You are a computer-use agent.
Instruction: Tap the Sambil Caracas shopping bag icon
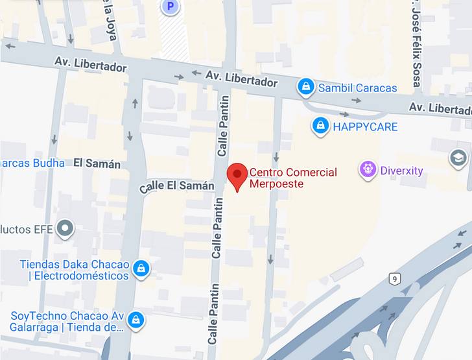point(306,86)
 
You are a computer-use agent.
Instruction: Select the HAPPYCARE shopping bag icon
point(320,126)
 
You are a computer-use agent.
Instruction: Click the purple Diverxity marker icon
point(368,171)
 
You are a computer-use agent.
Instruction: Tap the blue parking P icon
point(171,6)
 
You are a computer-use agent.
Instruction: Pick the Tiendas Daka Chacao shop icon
point(141,268)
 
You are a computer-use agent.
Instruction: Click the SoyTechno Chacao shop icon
point(136,318)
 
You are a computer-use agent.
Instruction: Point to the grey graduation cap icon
point(458,158)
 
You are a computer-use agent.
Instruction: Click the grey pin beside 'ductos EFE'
point(65,228)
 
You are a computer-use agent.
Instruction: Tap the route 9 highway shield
point(395,279)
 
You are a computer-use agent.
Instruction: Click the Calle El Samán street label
point(176,187)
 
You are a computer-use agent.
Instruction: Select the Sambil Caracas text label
point(357,88)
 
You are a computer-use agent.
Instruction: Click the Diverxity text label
point(401,171)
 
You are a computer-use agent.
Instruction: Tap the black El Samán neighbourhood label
point(97,163)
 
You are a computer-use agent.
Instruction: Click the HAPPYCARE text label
point(365,126)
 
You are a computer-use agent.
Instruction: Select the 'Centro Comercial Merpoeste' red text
point(293,178)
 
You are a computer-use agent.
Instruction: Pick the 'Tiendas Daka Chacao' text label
point(74,270)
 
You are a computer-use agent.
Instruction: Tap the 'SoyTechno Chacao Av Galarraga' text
point(67,321)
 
